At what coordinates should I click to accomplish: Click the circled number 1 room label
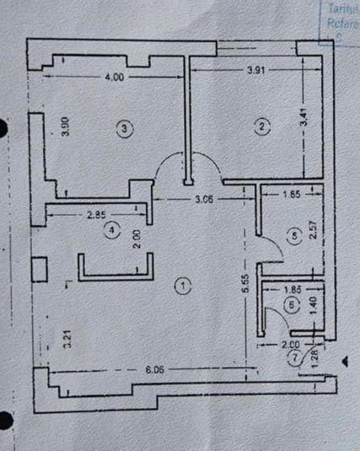(x=183, y=286)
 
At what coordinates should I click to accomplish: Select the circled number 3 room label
(x=124, y=128)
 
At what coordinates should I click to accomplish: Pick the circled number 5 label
(x=293, y=238)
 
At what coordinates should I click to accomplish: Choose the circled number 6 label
(x=292, y=305)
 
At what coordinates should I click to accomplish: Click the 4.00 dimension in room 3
(x=115, y=77)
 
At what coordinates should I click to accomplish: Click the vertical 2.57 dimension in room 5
(x=312, y=231)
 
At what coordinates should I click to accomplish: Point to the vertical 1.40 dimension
(x=311, y=305)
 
